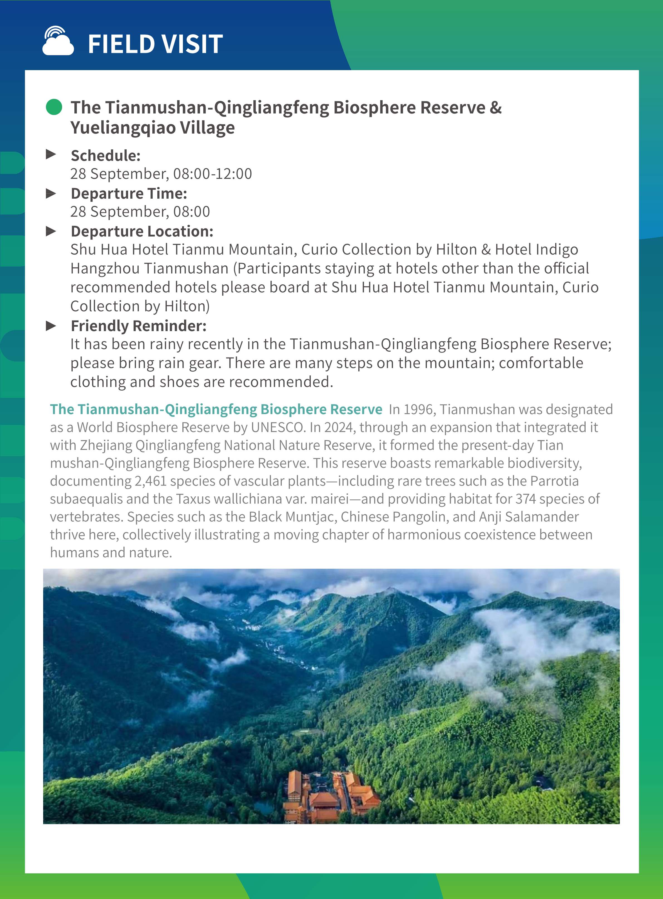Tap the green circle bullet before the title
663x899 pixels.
click(54, 107)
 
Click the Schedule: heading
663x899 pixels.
click(106, 156)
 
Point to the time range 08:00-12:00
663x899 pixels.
click(212, 174)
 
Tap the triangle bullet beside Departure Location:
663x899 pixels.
click(51, 231)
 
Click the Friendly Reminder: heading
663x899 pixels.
click(138, 326)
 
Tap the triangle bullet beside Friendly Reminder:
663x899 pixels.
click(51, 326)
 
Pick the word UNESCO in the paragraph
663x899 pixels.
click(277, 427)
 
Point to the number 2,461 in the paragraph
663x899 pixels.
click(150, 481)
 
